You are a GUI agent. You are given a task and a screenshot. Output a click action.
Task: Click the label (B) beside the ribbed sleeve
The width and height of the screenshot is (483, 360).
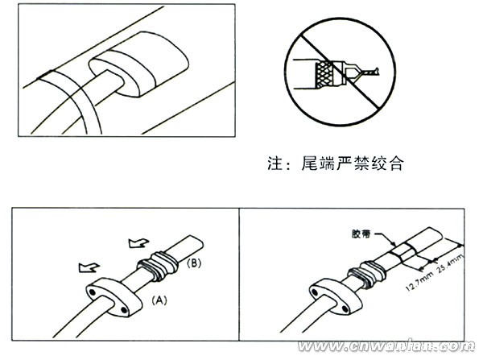pos(193,263)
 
